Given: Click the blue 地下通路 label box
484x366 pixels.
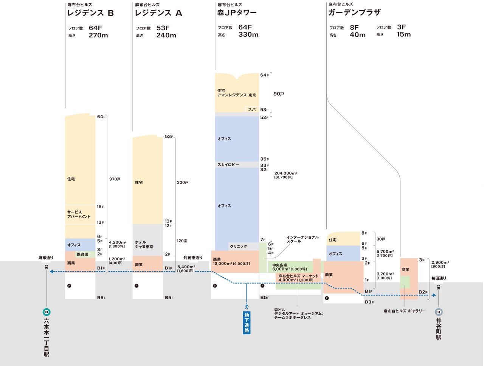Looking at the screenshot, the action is pos(247,323).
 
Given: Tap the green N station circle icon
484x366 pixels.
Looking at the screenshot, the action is pos(46,312).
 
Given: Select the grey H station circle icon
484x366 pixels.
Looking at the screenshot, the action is pos(439,312).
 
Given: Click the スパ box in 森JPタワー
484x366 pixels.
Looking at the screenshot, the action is pos(252,109).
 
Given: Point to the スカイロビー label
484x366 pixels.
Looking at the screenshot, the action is pos(228,165).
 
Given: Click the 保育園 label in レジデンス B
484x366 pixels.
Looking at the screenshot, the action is pos(82,254).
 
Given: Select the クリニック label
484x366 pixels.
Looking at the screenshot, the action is pos(238,246).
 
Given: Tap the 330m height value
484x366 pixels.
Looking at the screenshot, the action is pos(248,34).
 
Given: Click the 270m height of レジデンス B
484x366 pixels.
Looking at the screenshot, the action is pos(98,35).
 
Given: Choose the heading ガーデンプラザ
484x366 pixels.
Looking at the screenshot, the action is pos(354,12).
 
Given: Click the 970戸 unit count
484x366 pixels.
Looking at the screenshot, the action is pos(115,179).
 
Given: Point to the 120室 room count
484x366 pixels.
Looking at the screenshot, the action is pos(182,241).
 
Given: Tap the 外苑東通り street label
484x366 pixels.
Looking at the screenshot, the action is pos(193,258).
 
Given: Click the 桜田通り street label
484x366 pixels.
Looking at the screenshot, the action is pos(439,278).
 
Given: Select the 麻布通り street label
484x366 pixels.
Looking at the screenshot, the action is pos(46,258).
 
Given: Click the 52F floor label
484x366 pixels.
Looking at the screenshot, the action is pos(264,117).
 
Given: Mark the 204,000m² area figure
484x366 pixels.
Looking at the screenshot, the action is pos(286,173).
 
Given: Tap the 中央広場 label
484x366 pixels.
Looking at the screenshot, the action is pos(279,265).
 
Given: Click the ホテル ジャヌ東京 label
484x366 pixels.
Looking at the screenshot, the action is pos(144,244).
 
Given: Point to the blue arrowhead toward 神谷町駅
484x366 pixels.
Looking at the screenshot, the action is pos(434,295).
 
